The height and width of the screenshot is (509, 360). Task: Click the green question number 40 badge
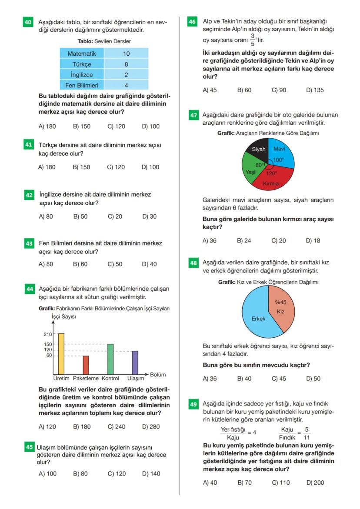[28, 22]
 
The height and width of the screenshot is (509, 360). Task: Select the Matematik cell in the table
[82, 53]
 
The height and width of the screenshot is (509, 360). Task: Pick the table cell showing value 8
[126, 64]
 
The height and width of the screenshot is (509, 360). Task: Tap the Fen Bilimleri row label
[82, 86]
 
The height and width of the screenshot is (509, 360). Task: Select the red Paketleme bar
[86, 365]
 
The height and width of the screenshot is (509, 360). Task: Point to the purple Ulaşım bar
[135, 362]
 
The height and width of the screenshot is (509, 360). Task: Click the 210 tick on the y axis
[47, 334]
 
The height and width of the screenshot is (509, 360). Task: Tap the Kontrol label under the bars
[110, 379]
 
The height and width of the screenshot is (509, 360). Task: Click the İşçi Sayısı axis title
[63, 317]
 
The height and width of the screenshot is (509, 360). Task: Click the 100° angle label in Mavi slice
[278, 160]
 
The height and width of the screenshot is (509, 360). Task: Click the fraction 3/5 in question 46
[253, 40]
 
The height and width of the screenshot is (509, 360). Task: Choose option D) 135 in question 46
[315, 90]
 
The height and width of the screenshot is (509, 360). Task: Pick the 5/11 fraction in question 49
[307, 433]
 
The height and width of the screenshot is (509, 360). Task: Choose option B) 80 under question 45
[80, 474]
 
